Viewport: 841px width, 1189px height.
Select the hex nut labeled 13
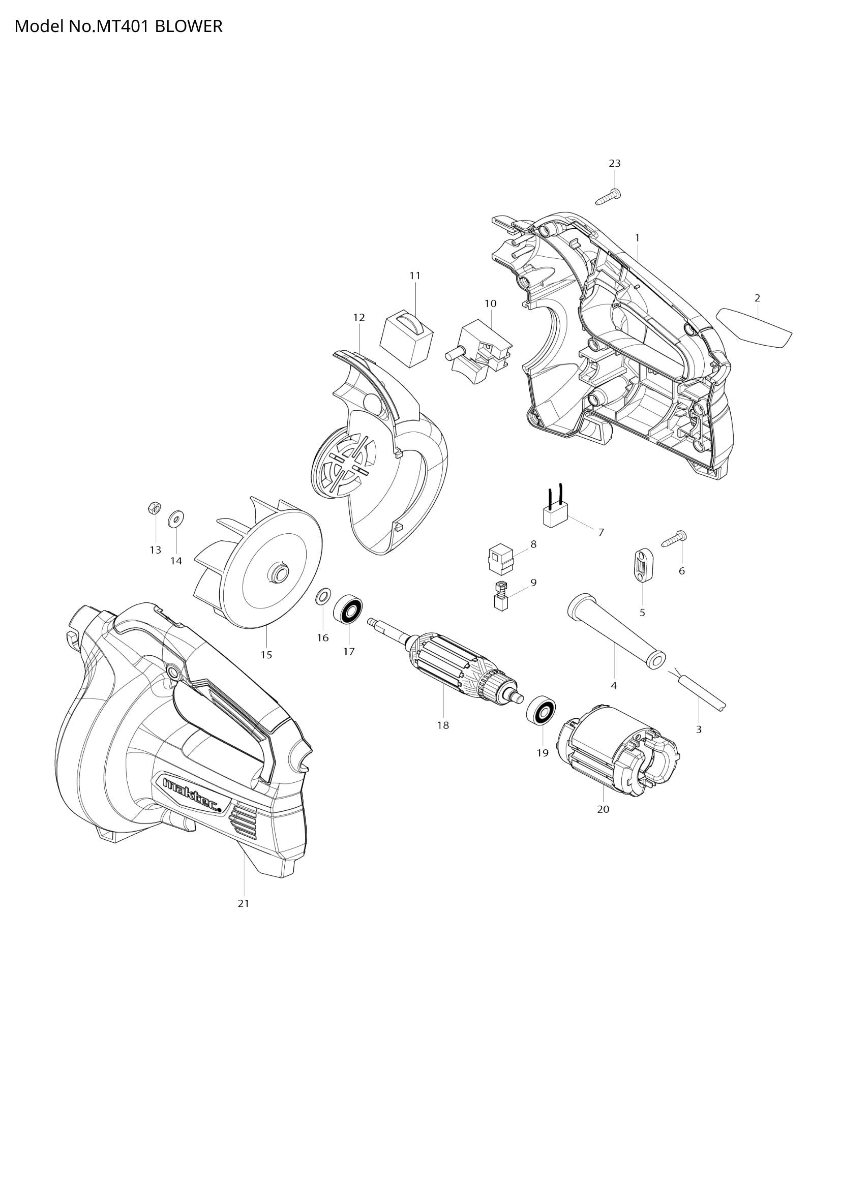(154, 507)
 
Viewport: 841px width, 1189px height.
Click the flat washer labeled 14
(176, 518)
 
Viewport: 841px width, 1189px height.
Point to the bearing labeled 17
(347, 611)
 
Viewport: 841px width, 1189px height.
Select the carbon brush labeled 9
(500, 596)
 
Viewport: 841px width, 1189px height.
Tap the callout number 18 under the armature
(443, 725)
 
